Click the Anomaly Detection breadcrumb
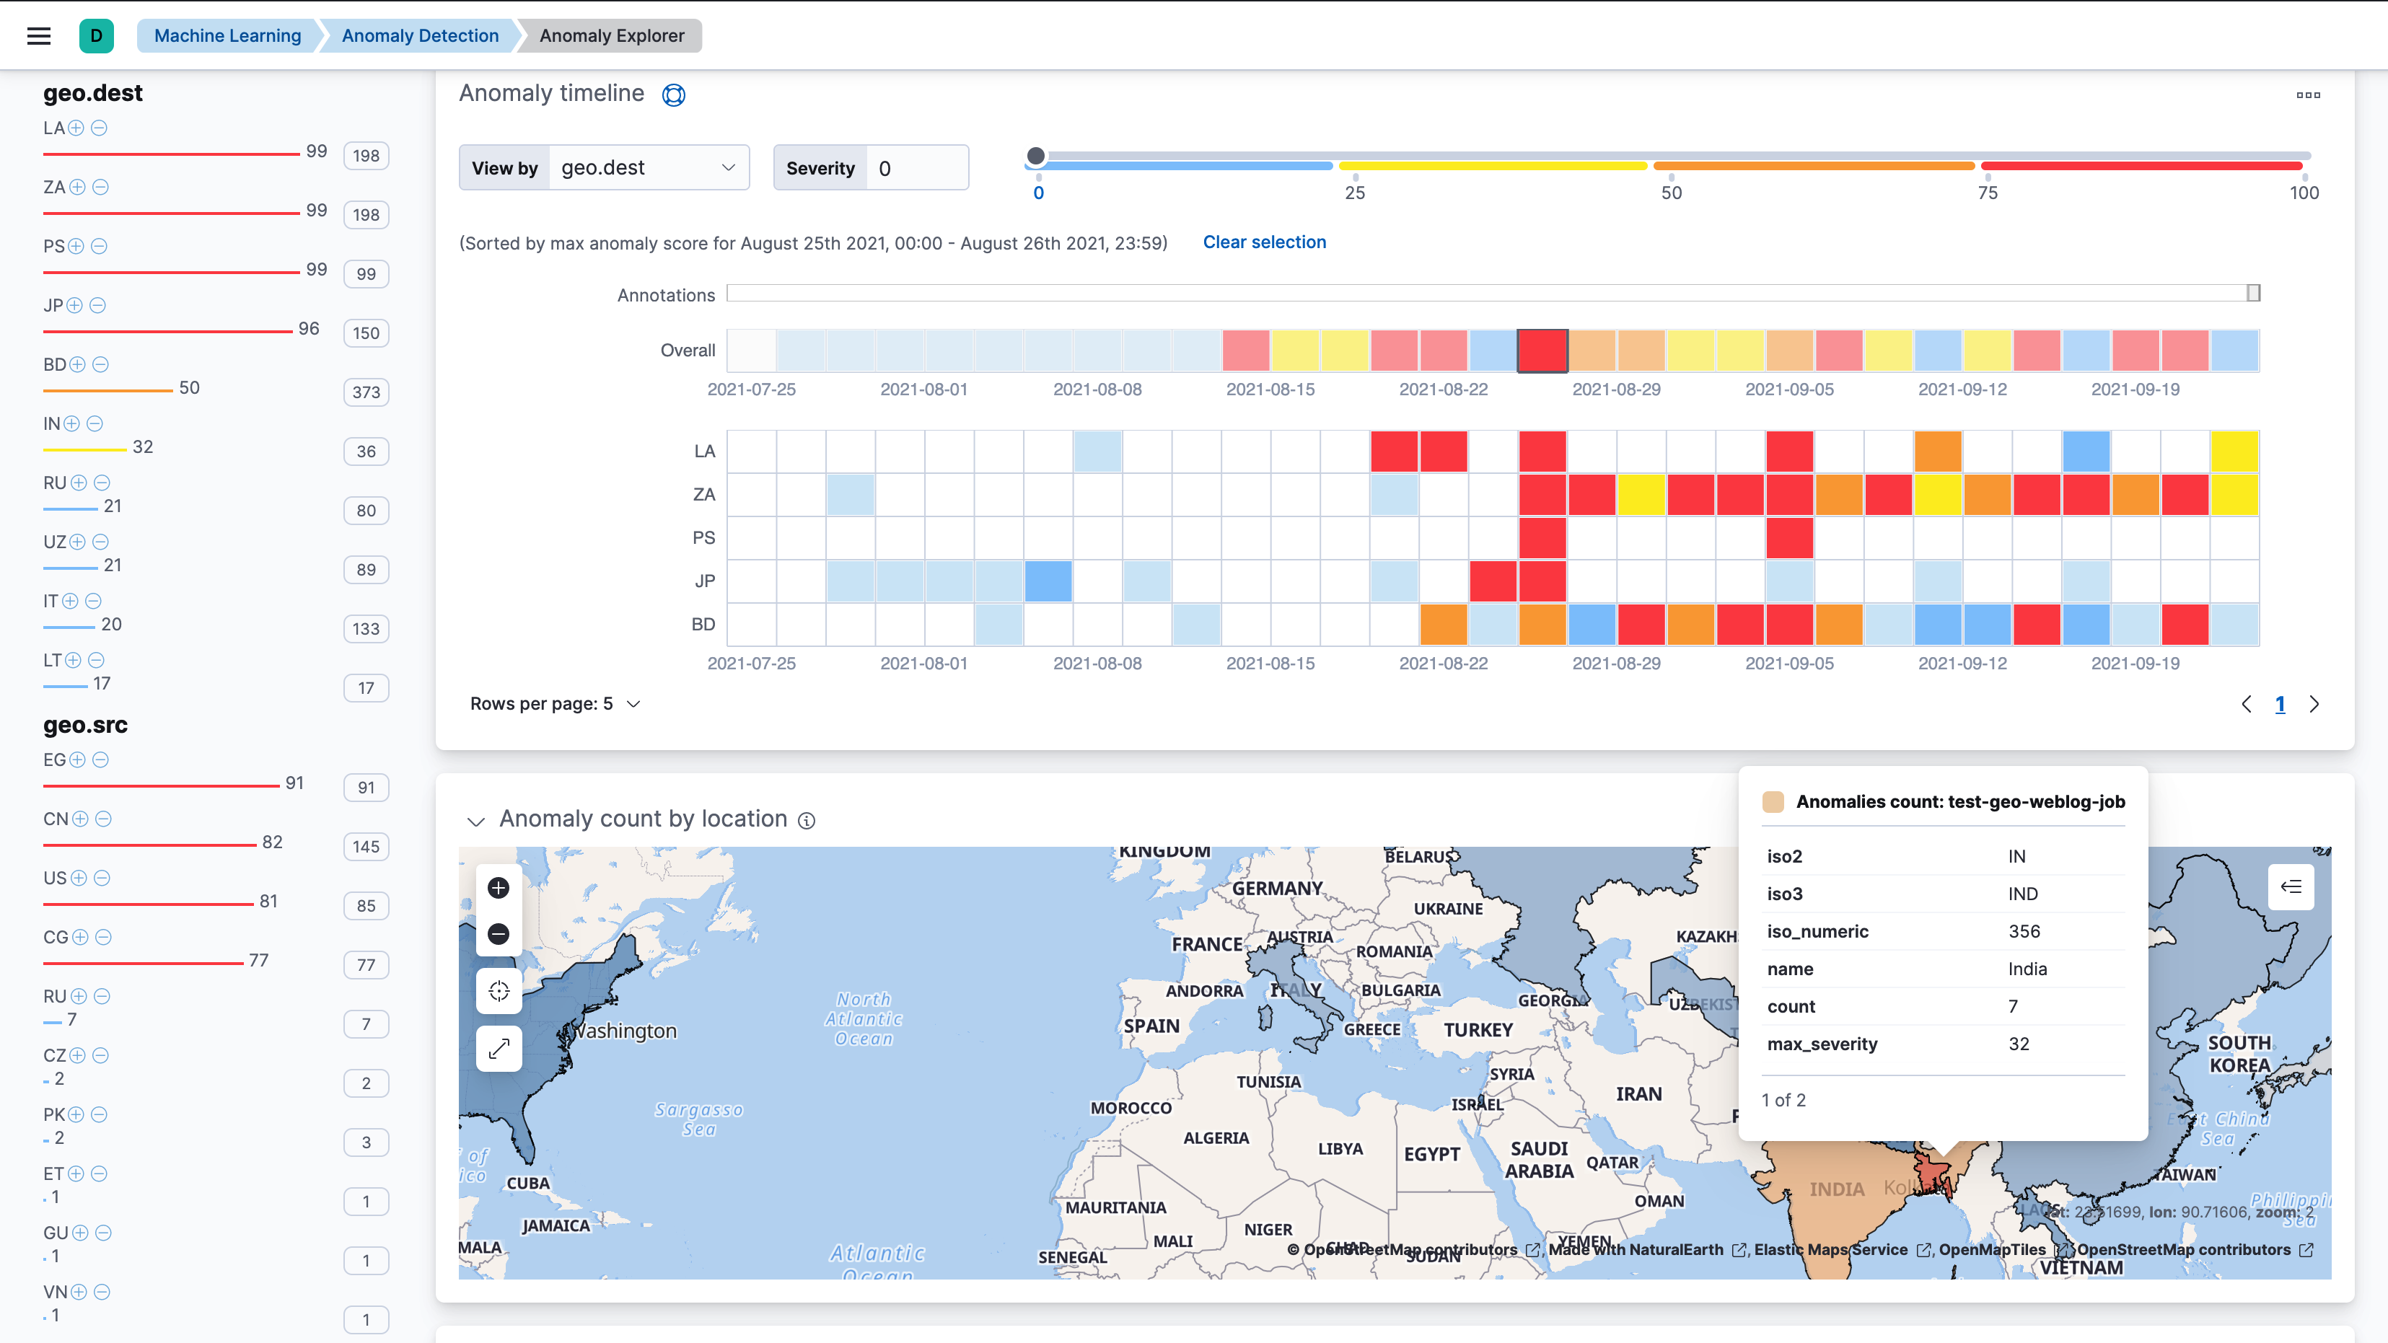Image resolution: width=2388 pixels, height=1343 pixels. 419,36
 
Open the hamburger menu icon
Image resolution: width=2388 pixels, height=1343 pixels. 39,36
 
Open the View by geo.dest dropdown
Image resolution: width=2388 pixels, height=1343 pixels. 648,168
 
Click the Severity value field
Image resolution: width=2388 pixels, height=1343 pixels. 916,168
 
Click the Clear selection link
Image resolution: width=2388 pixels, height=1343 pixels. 1263,242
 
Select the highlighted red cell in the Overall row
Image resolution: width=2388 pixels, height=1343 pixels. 1542,351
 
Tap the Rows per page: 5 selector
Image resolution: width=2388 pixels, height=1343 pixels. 554,703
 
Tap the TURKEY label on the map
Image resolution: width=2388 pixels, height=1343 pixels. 1478,1030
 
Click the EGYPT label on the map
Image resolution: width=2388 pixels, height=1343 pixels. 1431,1154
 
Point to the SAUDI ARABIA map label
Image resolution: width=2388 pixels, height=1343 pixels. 1539,1160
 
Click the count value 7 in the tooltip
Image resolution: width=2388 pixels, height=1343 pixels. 2013,1007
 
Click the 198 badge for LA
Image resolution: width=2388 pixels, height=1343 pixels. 366,156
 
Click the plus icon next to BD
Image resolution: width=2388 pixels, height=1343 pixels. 77,364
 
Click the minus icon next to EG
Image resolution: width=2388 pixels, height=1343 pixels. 101,760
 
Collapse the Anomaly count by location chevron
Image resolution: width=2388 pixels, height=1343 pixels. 476,822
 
